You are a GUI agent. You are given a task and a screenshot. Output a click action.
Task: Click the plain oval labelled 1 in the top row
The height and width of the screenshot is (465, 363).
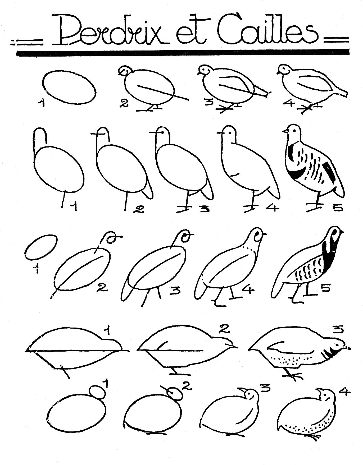click(x=69, y=87)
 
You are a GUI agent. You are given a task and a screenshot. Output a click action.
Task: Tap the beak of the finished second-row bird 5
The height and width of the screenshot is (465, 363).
click(x=285, y=131)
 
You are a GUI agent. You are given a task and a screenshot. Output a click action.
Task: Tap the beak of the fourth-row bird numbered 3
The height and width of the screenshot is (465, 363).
click(x=349, y=348)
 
